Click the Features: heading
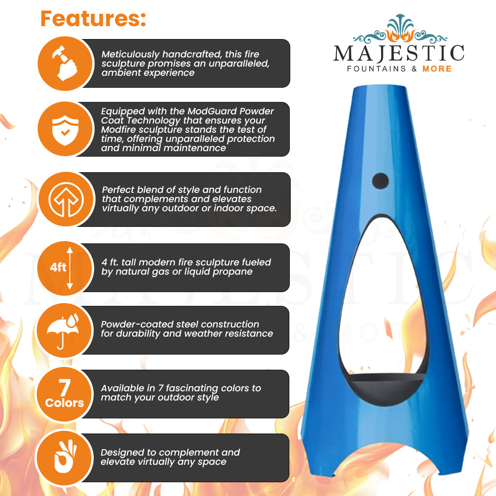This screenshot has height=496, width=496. coord(93,19)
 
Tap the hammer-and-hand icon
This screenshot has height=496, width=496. coord(65,63)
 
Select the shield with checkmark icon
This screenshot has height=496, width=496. coord(66,130)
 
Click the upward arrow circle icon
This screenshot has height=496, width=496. coord(66,200)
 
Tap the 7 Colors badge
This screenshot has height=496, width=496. coord(65,394)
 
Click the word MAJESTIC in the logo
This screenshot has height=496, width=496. coord(399,53)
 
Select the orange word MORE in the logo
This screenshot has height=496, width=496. coord(437,69)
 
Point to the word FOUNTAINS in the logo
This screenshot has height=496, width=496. coord(377,69)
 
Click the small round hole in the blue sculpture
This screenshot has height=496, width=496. coord(381,181)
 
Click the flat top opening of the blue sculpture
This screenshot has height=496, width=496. coord(380,87)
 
